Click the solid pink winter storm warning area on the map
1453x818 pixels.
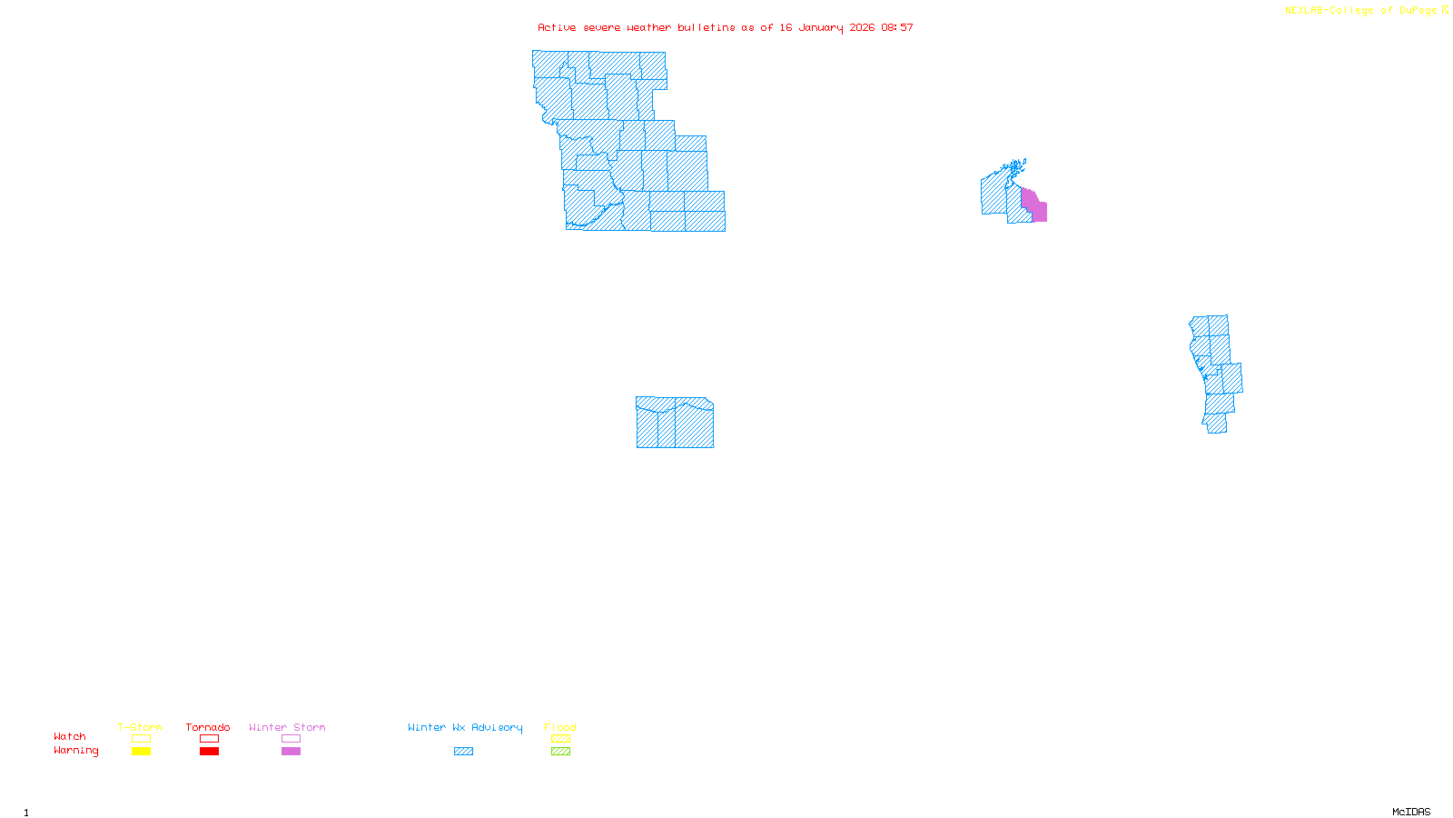click(1037, 210)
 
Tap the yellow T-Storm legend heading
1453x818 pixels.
click(140, 727)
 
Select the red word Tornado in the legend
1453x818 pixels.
click(208, 727)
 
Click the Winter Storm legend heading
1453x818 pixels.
click(287, 727)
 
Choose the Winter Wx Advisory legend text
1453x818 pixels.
click(465, 727)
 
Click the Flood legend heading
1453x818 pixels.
click(560, 727)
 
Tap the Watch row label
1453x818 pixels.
click(70, 737)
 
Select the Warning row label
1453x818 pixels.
click(76, 751)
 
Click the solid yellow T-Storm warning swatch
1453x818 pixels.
click(141, 752)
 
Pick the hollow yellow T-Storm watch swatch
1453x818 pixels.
click(141, 739)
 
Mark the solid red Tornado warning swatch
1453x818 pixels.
click(210, 752)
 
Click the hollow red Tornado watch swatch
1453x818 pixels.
click(210, 739)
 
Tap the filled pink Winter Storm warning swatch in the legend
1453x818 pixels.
click(291, 752)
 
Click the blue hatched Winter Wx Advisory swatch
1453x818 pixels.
click(463, 752)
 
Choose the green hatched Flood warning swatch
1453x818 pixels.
click(561, 752)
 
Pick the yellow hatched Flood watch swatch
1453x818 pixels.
click(561, 739)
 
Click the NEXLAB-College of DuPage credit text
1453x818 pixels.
click(1361, 11)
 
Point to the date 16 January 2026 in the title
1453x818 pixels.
click(826, 28)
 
